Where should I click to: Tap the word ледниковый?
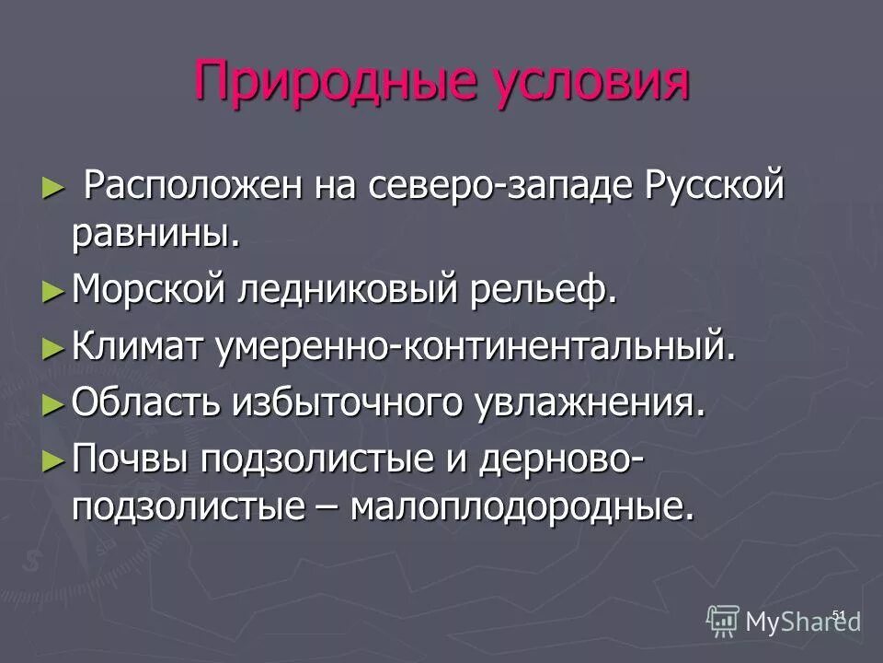pyautogui.click(x=349, y=291)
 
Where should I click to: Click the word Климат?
pyautogui.click(x=139, y=348)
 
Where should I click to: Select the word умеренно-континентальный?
pyautogui.click(x=476, y=348)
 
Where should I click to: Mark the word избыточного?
pyautogui.click(x=353, y=402)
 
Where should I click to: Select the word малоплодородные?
pyautogui.click(x=533, y=506)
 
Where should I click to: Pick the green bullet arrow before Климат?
pyautogui.click(x=52, y=349)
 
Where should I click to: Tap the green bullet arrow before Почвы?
pyautogui.click(x=52, y=458)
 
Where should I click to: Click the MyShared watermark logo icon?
pyautogui.click(x=723, y=622)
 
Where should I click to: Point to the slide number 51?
pyautogui.click(x=838, y=614)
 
